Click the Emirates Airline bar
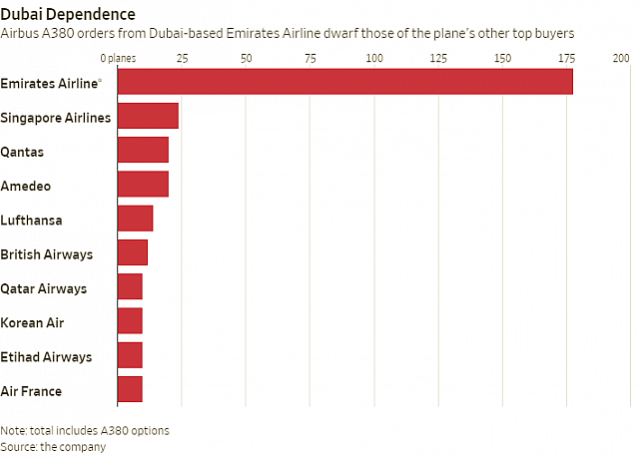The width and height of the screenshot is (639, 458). click(x=344, y=81)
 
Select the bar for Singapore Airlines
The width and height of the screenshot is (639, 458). click(x=148, y=116)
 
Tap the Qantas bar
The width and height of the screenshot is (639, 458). click(x=143, y=150)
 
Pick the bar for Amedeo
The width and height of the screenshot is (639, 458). click(x=143, y=184)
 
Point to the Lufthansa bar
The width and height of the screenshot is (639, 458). click(x=135, y=218)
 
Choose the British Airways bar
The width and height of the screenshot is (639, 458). click(x=132, y=252)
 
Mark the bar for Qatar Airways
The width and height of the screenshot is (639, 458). click(x=130, y=286)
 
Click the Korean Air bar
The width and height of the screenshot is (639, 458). click(x=130, y=320)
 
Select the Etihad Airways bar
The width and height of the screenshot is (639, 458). click(x=130, y=355)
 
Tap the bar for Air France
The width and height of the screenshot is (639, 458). click(x=130, y=389)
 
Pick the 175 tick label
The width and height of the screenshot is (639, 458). click(x=566, y=59)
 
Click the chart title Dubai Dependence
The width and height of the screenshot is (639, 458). click(x=68, y=14)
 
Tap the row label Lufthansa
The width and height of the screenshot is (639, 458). click(x=33, y=220)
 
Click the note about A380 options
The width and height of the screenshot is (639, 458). click(x=85, y=430)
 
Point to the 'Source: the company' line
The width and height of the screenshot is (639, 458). click(x=53, y=446)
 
